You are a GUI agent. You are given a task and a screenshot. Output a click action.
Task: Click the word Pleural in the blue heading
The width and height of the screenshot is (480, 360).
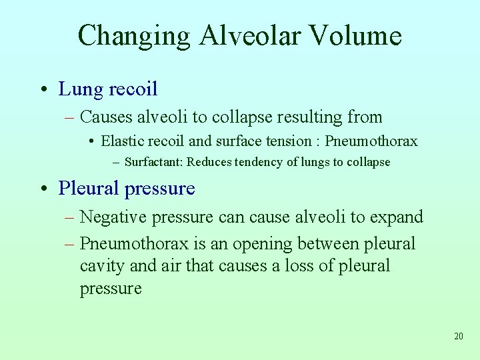(88, 189)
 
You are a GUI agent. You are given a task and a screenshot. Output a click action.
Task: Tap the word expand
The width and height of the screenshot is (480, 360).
(399, 217)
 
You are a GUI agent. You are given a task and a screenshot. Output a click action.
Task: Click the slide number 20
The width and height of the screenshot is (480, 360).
(458, 336)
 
